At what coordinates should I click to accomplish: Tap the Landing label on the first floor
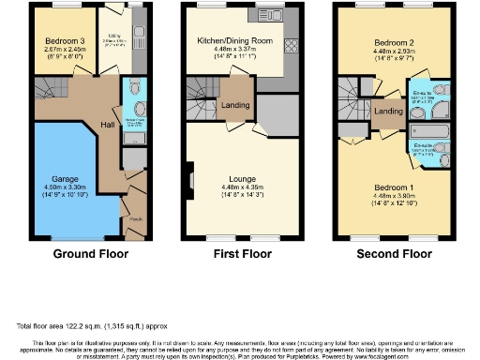234,106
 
